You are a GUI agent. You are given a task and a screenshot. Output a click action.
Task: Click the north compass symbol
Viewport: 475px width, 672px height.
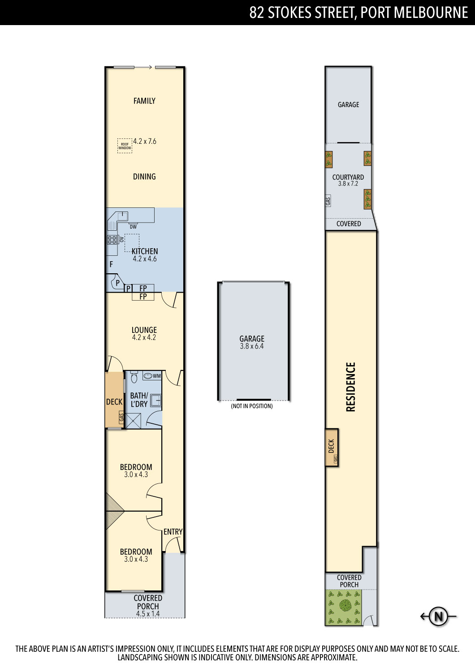(438, 616)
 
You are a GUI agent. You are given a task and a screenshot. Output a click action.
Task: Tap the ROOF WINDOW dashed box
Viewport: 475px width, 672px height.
(125, 146)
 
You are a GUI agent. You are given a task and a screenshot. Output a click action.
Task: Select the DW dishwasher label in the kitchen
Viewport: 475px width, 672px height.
(133, 227)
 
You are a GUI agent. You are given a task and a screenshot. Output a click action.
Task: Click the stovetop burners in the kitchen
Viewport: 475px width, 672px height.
(112, 240)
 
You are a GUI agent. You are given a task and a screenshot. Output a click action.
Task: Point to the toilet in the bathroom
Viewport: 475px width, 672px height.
(134, 377)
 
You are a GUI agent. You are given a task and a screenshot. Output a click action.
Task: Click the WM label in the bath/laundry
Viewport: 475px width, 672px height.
(157, 376)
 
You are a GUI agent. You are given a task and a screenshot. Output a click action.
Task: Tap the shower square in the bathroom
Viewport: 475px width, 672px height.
(133, 421)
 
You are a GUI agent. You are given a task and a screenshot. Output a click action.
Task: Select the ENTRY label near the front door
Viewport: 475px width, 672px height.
(173, 532)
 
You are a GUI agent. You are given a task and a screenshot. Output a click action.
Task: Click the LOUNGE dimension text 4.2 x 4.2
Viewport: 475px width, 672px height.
(144, 337)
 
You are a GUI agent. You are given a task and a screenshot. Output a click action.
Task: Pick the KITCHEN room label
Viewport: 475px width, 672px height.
(145, 251)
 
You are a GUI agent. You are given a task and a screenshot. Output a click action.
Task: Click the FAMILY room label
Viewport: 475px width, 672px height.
(144, 101)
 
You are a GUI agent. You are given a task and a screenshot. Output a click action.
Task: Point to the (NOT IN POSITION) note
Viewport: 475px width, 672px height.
(252, 406)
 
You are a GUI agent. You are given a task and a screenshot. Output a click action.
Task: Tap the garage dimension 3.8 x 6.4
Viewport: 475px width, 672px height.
(252, 346)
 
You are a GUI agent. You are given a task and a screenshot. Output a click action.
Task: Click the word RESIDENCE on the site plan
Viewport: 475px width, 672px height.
(350, 387)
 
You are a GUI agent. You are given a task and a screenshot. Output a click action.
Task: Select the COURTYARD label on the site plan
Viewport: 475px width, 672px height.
(348, 177)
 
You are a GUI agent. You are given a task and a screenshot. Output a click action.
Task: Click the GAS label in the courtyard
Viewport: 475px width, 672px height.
(328, 201)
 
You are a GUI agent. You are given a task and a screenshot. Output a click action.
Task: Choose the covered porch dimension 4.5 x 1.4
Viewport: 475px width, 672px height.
(148, 614)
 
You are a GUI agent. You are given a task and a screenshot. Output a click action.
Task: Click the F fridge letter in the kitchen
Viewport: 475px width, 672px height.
(111, 264)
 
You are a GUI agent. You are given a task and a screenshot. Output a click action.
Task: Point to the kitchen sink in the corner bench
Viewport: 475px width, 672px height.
(123, 216)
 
